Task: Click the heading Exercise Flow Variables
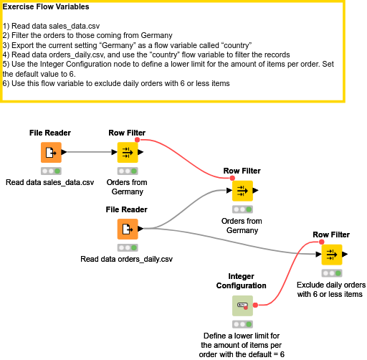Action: (x=47, y=7)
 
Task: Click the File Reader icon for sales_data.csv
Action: (x=50, y=152)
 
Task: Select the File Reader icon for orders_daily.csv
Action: (x=127, y=229)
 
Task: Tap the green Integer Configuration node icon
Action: (x=242, y=305)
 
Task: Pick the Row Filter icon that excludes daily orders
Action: (x=331, y=254)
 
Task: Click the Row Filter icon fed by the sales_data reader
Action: (x=127, y=152)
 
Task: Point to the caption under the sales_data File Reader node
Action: (x=50, y=182)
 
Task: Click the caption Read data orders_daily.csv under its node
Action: (x=127, y=259)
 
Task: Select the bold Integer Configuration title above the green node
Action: (x=242, y=280)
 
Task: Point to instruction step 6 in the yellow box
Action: (x=116, y=84)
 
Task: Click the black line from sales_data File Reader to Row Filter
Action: (x=90, y=152)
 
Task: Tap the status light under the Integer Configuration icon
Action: (x=242, y=324)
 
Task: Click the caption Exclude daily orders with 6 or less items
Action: (x=331, y=289)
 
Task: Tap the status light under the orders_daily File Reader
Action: (x=127, y=247)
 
